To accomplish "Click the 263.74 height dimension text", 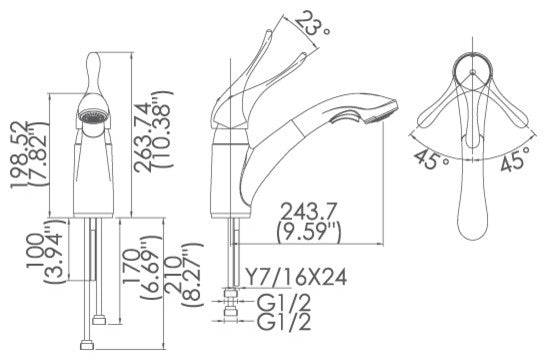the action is click(x=144, y=138).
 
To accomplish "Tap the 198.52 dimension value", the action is click(x=19, y=155).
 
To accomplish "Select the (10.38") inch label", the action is click(x=163, y=129).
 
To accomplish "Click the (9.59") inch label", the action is click(x=308, y=233).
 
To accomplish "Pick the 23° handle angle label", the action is click(x=312, y=24).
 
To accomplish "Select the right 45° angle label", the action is click(x=515, y=159).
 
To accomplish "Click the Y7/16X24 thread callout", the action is click(x=295, y=277).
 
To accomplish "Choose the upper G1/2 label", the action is click(x=284, y=302).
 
